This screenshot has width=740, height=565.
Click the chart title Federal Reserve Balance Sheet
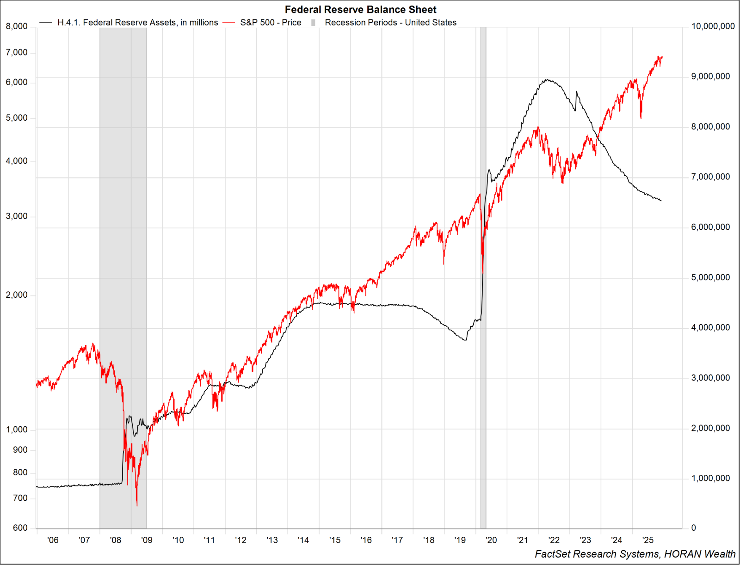[x=360, y=10]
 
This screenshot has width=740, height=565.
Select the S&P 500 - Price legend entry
[x=270, y=23]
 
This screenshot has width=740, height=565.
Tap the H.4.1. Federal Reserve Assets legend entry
[x=137, y=23]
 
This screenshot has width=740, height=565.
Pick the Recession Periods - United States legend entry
[x=390, y=23]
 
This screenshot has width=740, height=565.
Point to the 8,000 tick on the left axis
[x=17, y=26]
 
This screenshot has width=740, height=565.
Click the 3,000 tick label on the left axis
[x=17, y=216]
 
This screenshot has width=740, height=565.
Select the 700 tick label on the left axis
[x=20, y=498]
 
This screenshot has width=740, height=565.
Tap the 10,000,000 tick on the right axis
[x=713, y=26]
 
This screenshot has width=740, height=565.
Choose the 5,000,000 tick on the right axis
[x=710, y=277]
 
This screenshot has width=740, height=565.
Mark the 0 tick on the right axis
[x=693, y=528]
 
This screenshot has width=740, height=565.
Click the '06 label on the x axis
[x=53, y=540]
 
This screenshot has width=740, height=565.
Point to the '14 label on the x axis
[x=303, y=540]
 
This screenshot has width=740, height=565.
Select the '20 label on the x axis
[x=491, y=540]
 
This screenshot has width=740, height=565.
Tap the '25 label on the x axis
[x=648, y=540]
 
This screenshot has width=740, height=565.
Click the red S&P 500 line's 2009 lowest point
[x=137, y=505]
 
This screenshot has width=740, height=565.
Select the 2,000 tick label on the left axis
[x=17, y=295]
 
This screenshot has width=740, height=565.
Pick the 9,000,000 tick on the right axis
[x=710, y=76]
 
